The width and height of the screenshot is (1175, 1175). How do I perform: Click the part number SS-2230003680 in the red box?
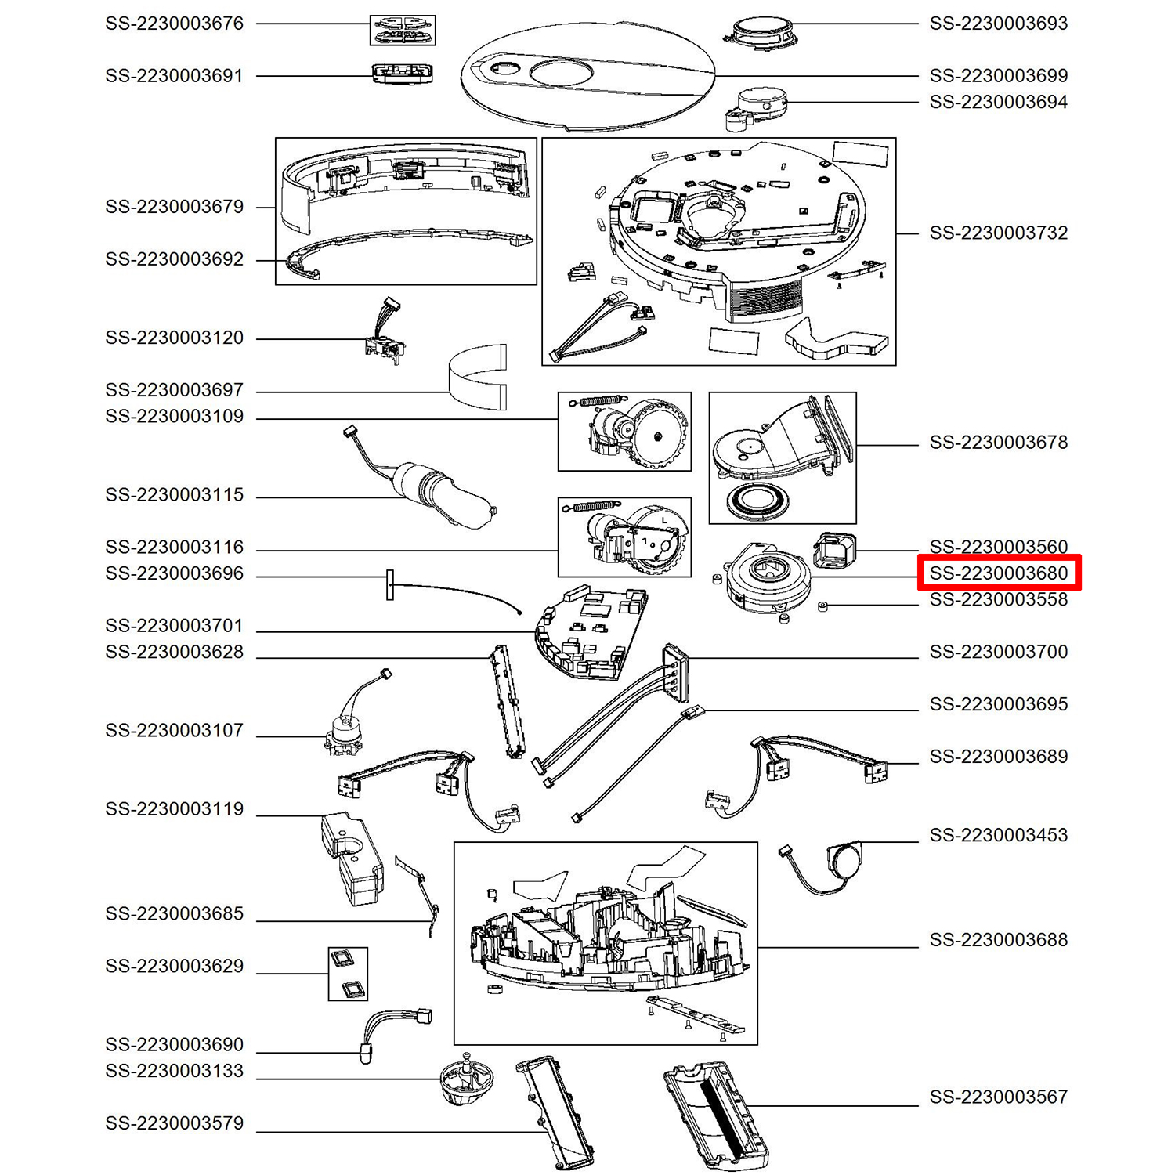pos(999,573)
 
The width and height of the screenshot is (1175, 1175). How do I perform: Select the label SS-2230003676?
pos(175,23)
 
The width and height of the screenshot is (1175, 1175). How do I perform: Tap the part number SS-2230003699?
pos(999,76)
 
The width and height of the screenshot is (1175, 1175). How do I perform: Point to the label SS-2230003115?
pos(175,495)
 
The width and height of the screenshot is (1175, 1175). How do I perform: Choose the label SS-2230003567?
pos(999,1097)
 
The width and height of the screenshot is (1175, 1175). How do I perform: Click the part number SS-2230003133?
pos(175,1071)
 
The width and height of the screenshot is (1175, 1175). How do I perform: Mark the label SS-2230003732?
pos(999,233)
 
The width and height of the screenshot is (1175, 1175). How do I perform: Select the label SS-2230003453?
pos(999,835)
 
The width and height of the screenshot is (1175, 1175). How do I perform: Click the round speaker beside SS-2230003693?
pos(757,34)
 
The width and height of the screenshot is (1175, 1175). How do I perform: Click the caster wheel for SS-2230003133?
pos(468,1079)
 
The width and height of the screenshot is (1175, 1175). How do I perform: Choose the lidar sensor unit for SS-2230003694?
pos(758,106)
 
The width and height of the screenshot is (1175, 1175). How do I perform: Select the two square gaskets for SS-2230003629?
pos(348,974)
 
